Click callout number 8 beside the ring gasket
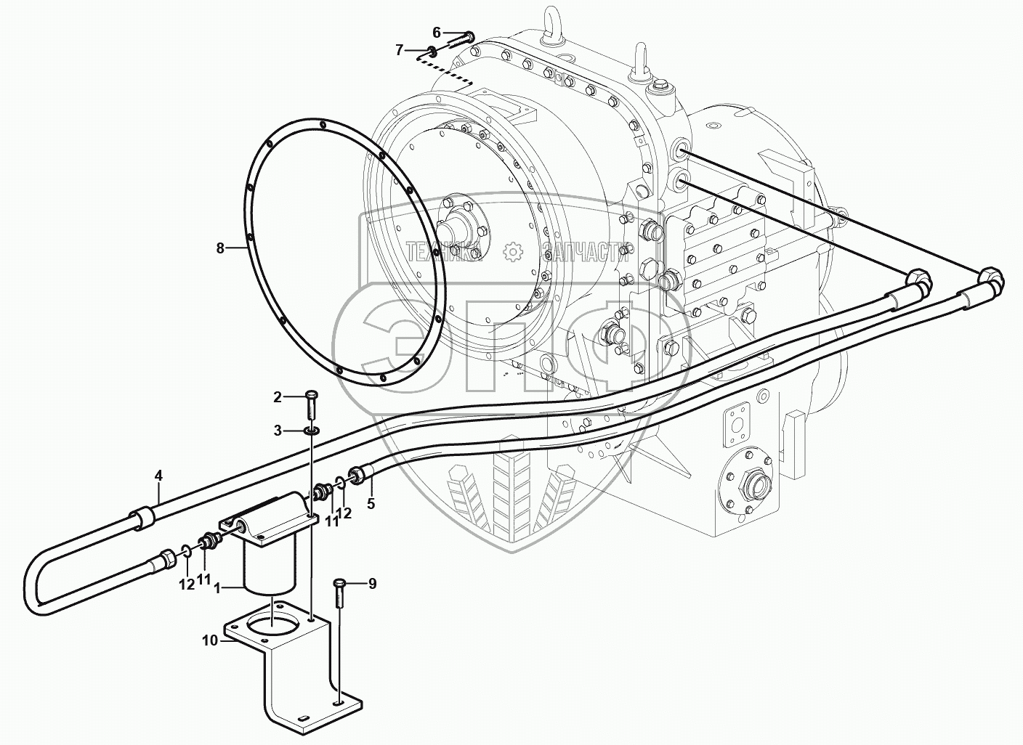pyautogui.click(x=219, y=248)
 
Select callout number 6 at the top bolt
pyautogui.click(x=436, y=32)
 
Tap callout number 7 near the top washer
pyautogui.click(x=399, y=50)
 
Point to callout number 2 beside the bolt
pyautogui.click(x=277, y=396)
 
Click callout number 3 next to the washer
pyautogui.click(x=277, y=431)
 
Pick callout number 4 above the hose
pyautogui.click(x=158, y=476)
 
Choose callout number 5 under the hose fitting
pyautogui.click(x=371, y=503)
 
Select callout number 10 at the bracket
pyautogui.click(x=210, y=640)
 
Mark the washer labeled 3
pyautogui.click(x=311, y=431)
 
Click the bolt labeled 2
pyautogui.click(x=311, y=403)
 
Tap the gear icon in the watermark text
pyautogui.click(x=514, y=251)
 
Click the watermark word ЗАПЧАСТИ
pyautogui.click(x=585, y=251)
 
